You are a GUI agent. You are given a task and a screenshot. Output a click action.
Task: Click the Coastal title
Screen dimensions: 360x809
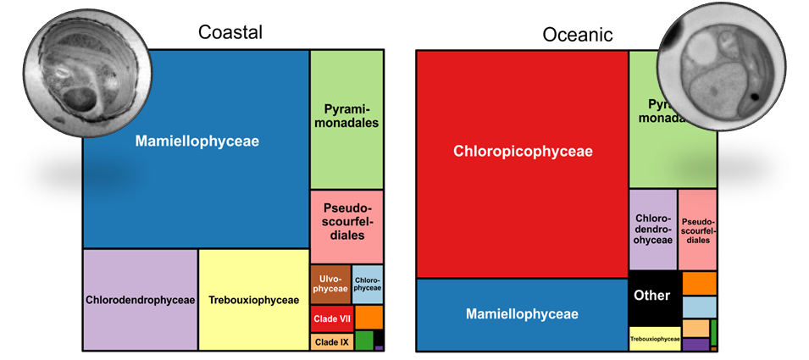(x=230, y=32)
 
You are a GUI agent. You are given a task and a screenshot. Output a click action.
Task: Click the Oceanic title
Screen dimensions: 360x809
(x=578, y=35)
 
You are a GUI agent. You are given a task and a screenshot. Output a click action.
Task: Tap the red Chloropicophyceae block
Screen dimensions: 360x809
(x=522, y=152)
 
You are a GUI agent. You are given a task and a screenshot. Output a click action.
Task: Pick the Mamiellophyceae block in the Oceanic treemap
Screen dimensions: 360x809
(x=522, y=314)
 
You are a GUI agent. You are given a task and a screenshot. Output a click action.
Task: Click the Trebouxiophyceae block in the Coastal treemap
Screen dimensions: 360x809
(x=253, y=300)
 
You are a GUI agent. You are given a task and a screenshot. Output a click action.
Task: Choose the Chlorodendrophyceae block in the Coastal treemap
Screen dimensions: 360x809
(x=141, y=300)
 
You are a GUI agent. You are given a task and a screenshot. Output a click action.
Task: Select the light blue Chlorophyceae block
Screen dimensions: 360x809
(x=367, y=284)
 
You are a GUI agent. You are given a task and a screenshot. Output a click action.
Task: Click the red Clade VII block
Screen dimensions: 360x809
(x=332, y=318)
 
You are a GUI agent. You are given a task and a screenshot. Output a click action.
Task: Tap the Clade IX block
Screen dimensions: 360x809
(x=332, y=341)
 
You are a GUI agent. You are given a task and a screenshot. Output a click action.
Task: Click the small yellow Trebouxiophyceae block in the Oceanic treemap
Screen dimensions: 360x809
(x=655, y=339)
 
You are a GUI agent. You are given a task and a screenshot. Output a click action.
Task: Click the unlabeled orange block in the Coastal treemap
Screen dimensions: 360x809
(x=368, y=317)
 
